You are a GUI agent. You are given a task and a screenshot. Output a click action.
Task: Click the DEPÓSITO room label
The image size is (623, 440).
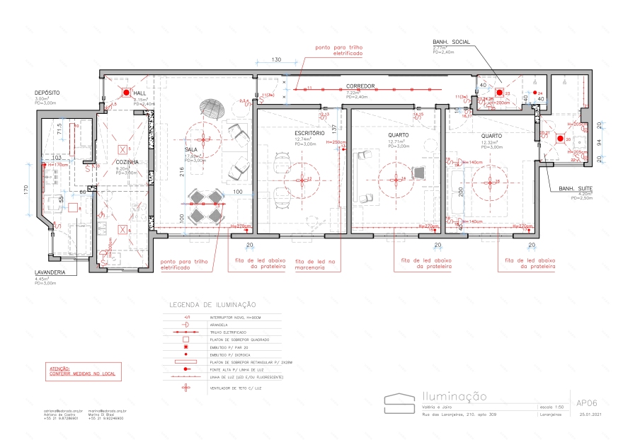click(x=47, y=93)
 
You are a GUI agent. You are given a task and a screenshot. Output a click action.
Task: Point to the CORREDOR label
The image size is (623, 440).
click(x=360, y=86)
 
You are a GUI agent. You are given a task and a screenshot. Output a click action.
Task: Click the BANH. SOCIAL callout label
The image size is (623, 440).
click(x=452, y=42)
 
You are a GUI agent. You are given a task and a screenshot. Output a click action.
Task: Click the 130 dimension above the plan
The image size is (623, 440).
click(x=276, y=59)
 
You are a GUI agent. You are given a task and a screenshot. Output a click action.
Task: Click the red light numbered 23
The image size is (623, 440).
click(x=498, y=93)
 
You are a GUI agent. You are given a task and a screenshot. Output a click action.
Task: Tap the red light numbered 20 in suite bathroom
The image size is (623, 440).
click(x=559, y=139)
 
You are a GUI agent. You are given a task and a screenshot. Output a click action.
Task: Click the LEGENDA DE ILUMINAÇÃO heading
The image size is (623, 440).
click(x=212, y=305)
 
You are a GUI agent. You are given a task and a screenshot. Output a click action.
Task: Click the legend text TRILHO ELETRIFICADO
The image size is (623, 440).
click(x=227, y=332)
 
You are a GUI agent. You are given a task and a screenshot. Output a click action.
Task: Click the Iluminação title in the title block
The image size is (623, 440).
click(x=454, y=398)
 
